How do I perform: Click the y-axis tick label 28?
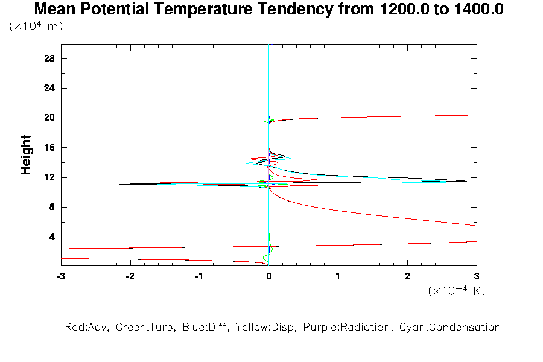click(49, 59)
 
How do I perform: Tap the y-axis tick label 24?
click(49, 88)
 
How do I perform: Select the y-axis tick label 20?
click(49, 118)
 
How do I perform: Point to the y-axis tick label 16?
click(49, 148)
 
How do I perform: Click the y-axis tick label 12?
click(49, 177)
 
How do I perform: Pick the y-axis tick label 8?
click(52, 207)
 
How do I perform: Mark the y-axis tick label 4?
click(52, 237)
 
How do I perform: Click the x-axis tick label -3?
click(60, 276)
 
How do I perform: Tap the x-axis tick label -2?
click(130, 276)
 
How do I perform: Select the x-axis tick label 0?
click(268, 276)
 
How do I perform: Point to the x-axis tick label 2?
click(407, 276)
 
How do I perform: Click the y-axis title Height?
click(26, 155)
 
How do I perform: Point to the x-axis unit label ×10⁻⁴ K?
click(457, 290)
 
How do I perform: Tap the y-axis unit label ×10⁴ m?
click(36, 27)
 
